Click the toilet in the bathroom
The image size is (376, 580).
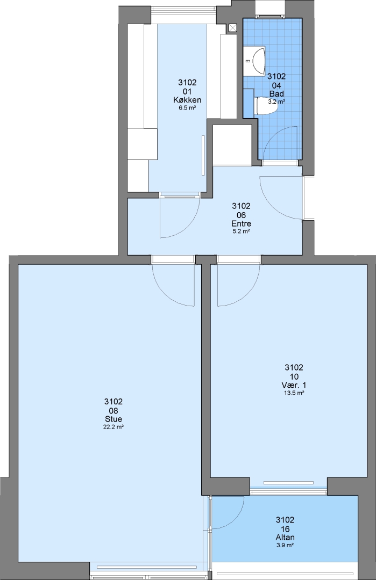coord(266,106)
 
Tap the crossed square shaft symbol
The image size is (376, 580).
coord(233,28)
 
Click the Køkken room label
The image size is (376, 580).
coord(187,100)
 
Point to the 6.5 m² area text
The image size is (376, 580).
coord(187,107)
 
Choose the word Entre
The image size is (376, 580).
coord(241,224)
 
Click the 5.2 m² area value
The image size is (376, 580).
coord(241,231)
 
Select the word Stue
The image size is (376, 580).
coord(113,419)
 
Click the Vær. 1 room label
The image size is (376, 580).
coord(294,385)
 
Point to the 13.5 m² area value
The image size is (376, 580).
coord(294,393)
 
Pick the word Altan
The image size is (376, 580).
coord(285,538)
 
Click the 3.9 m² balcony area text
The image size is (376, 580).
coord(285,545)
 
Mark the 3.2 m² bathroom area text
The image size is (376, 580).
coord(276,102)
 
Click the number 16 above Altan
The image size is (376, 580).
coord(285,529)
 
